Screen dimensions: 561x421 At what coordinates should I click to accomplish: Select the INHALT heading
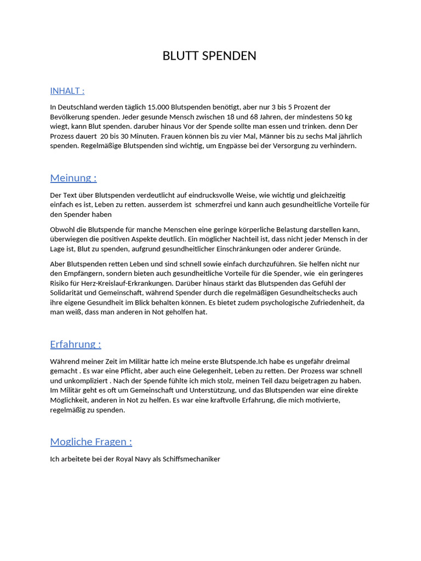click(67, 91)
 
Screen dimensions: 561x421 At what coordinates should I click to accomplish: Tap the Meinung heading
click(73, 178)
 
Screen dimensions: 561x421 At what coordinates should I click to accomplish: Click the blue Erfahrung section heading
click(75, 344)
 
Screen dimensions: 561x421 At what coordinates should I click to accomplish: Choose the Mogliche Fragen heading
click(91, 442)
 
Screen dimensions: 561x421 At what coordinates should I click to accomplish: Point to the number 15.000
click(159, 107)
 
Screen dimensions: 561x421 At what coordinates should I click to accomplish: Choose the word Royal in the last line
click(126, 459)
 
